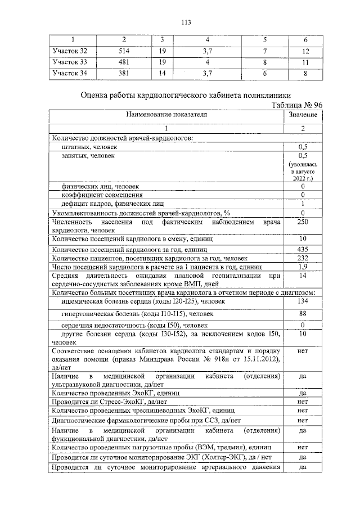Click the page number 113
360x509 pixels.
click(x=186, y=22)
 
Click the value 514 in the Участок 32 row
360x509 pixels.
click(x=124, y=51)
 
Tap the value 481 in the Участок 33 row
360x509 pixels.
click(x=124, y=62)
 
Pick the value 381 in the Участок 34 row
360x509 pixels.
click(x=124, y=73)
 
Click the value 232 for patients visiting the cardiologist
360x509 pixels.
click(x=303, y=257)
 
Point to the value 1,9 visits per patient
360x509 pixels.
click(x=303, y=266)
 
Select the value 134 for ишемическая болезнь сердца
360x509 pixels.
click(x=303, y=301)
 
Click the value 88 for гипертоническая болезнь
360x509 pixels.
click(x=303, y=313)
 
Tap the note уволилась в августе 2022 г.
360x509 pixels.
click(x=303, y=170)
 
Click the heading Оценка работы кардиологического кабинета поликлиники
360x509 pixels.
click(x=186, y=95)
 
